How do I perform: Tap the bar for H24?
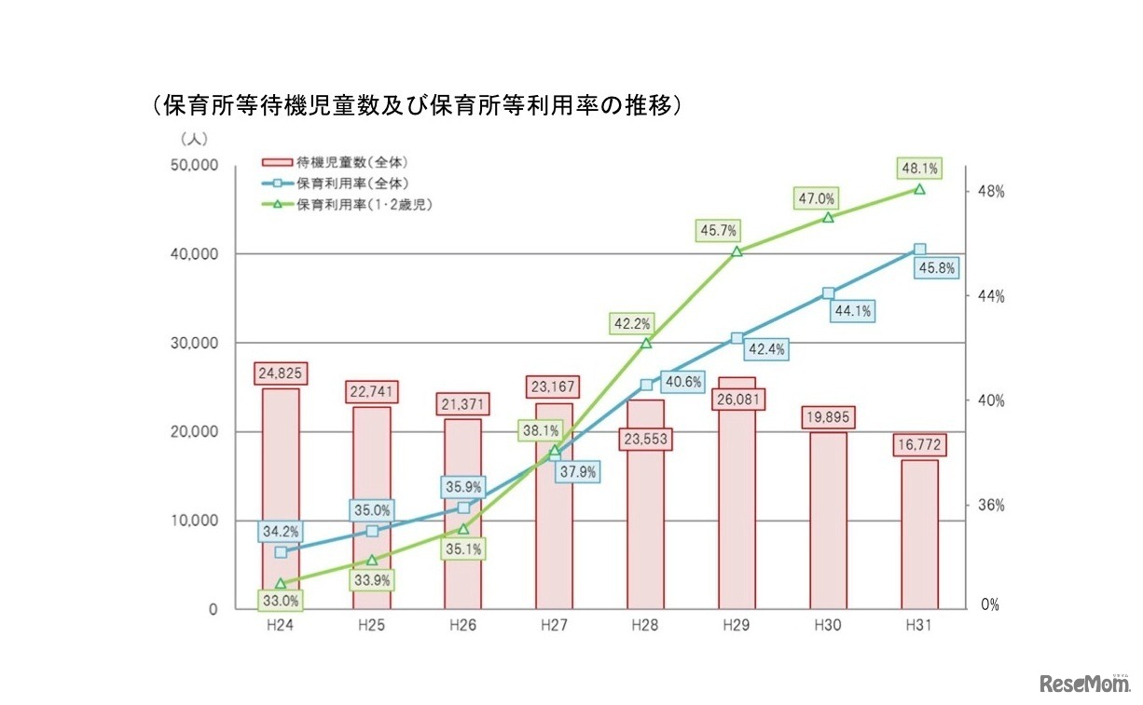tap(281, 498)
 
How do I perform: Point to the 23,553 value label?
tap(645, 438)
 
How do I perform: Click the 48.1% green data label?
tap(918, 169)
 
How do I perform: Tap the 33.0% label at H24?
tap(281, 600)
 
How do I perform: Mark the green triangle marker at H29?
tap(737, 251)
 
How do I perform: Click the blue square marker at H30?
tap(828, 293)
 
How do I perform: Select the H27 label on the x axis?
tap(554, 626)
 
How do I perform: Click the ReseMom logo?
tap(1083, 683)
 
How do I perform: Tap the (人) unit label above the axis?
tap(194, 138)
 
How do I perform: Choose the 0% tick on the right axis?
tap(990, 604)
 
